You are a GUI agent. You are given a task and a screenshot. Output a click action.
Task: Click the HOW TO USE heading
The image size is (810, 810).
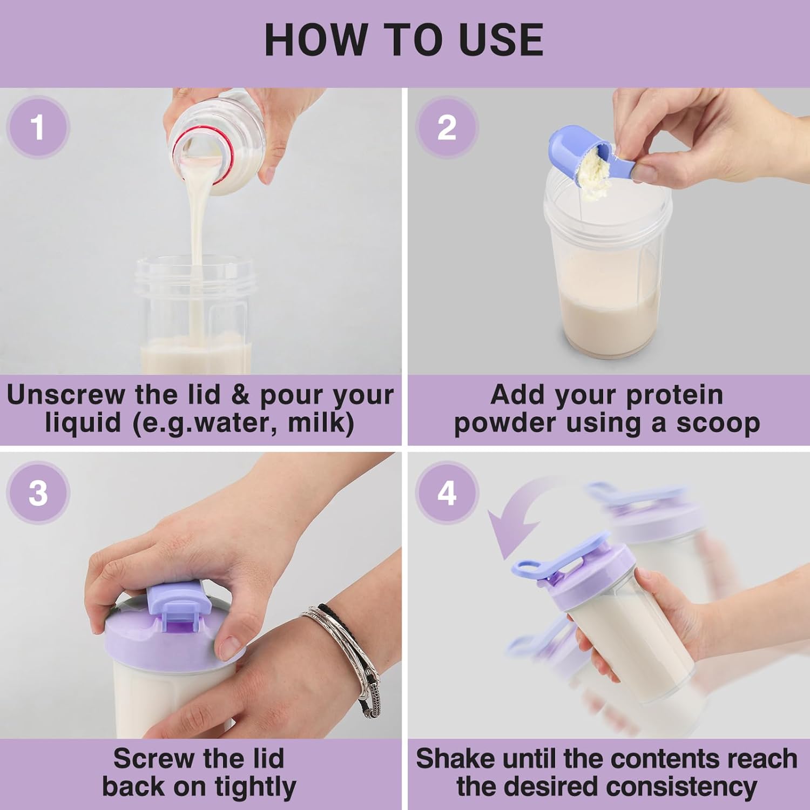point(404,40)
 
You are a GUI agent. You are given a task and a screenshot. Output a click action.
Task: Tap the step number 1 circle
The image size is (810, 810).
point(38,127)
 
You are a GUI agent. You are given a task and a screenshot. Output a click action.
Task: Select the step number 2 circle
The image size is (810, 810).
point(447,127)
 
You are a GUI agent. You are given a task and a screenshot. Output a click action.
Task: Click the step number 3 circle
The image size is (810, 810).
point(38,493)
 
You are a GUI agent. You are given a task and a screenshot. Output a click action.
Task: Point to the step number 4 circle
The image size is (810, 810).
point(447,493)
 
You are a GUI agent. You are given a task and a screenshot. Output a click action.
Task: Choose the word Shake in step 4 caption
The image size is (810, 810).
point(455,759)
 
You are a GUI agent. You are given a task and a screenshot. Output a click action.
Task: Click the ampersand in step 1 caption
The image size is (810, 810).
point(240,395)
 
